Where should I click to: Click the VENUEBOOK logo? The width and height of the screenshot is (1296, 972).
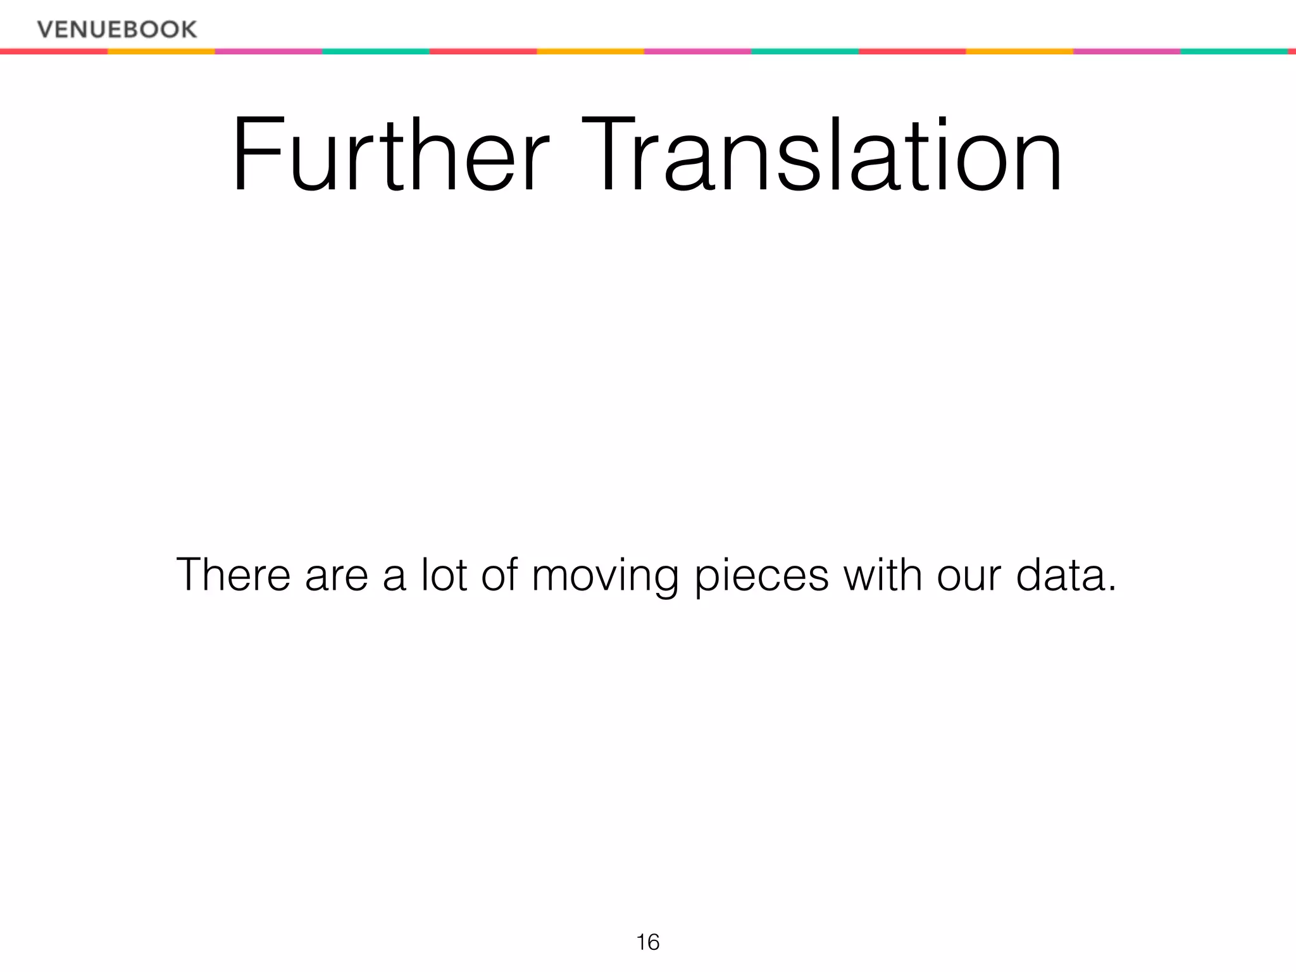pos(117,29)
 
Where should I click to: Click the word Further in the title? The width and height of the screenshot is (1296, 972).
pos(390,156)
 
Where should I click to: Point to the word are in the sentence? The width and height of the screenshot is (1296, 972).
pos(337,577)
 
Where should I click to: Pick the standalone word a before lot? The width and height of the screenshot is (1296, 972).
pos(395,578)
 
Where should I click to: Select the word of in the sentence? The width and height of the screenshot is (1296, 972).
pos(500,575)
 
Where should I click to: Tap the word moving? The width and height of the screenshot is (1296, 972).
pos(605,578)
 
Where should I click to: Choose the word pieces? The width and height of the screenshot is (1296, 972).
pos(761,578)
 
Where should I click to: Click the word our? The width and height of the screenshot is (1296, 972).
pos(969,578)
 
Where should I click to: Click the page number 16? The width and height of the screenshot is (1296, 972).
pos(648,942)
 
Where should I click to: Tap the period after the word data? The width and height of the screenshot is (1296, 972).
pos(1112,589)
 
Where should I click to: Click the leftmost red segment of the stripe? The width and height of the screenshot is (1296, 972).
pos(54,51)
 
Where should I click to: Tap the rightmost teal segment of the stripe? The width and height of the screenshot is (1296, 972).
pos(1234,51)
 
